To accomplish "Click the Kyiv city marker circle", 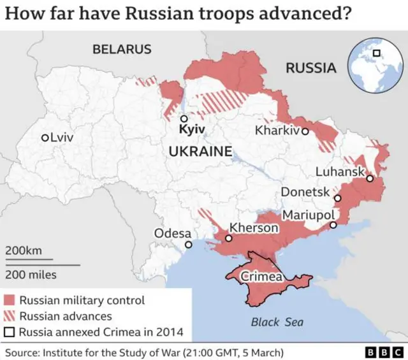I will pos(184,119).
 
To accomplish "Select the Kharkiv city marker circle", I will pos(305,131).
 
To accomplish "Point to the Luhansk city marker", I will pos(370,178).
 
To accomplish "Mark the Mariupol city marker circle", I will pos(333,225).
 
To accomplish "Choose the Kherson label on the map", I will pos(253,227).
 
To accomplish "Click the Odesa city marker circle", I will pos(188,245).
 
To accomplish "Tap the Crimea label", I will pos(261,277).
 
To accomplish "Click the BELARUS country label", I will pos(122,49).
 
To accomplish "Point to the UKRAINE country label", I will pos(200,152).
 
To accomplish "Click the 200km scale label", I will pos(24,250).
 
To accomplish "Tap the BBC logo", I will pos(382,352).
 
